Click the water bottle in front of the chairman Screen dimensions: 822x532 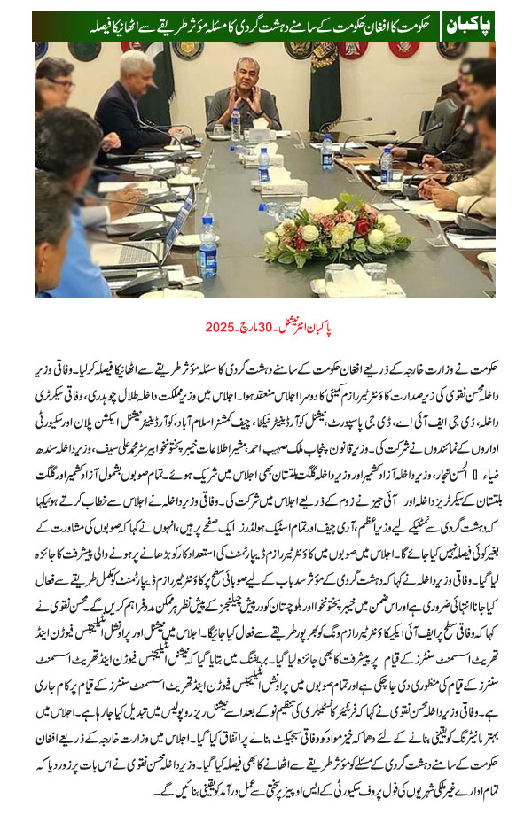coord(236,124)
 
